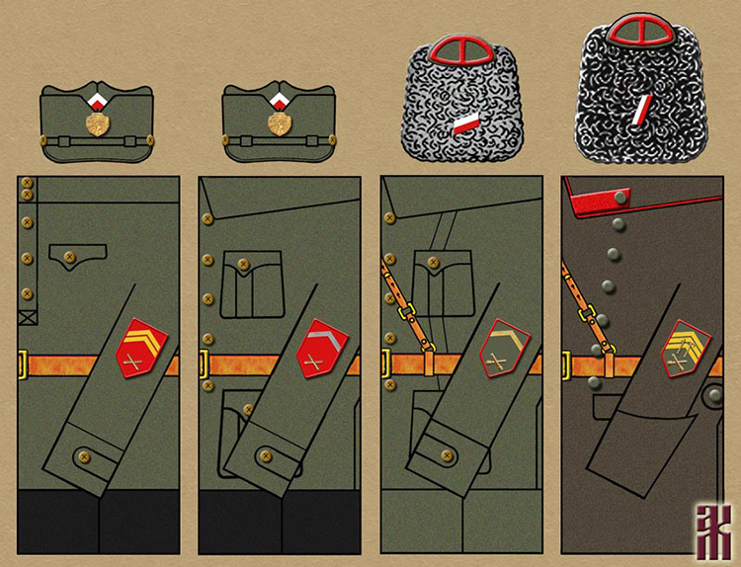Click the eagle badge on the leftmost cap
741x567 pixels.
click(x=98, y=124)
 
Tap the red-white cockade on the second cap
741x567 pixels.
click(x=280, y=102)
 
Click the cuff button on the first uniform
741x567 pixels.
click(x=82, y=455)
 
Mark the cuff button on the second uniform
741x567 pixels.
click(x=264, y=455)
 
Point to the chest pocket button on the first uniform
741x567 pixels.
click(x=69, y=259)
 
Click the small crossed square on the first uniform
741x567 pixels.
click(x=27, y=318)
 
